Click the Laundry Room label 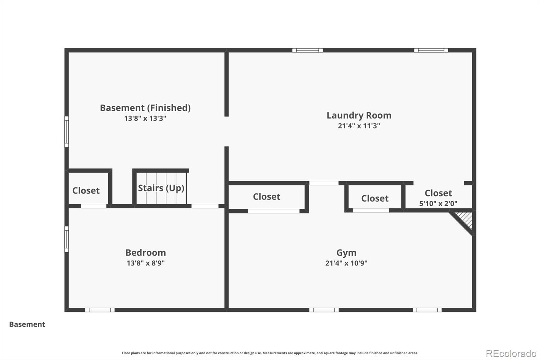click(x=359, y=115)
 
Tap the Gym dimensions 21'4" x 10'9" click(x=346, y=263)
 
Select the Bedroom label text click(x=145, y=253)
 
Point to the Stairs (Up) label click(x=161, y=188)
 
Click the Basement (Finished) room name click(x=145, y=108)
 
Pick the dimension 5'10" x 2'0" click(x=438, y=204)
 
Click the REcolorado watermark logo click(x=511, y=354)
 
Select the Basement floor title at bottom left click(x=27, y=324)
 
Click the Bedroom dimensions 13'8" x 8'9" click(x=145, y=263)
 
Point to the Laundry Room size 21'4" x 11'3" click(x=359, y=126)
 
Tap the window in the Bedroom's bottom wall click(x=100, y=310)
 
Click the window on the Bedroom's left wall click(x=66, y=239)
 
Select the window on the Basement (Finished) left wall click(x=66, y=132)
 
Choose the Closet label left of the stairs click(x=86, y=190)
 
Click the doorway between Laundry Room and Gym click(x=324, y=183)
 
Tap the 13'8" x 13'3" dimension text click(x=145, y=119)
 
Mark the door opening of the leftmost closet click(x=93, y=206)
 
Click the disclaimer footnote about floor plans click(x=270, y=353)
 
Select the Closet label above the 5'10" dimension click(x=438, y=193)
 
